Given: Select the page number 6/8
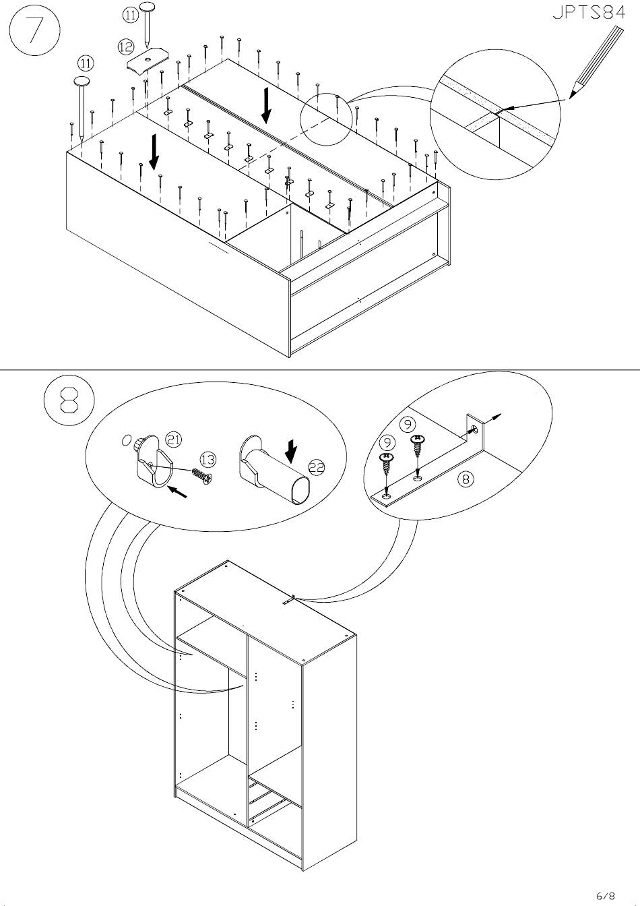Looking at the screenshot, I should click(605, 896).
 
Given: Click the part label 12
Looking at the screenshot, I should click(125, 47).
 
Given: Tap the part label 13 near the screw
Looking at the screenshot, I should click(208, 460).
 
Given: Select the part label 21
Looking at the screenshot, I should click(174, 440).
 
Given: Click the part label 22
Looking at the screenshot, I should click(317, 467).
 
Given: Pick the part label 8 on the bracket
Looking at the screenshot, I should click(465, 479).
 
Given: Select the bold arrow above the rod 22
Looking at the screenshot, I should click(291, 448).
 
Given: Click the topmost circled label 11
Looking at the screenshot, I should click(130, 14).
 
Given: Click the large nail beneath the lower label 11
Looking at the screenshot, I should click(82, 108).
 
